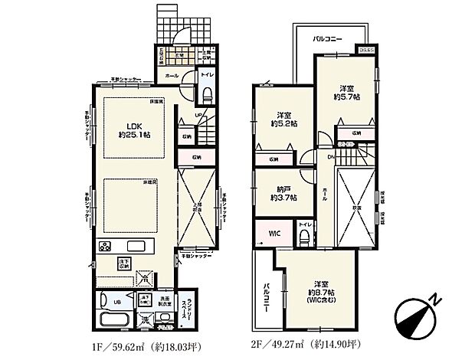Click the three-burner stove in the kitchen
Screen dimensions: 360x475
click(106, 247)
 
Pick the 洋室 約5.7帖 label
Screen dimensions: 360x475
click(346, 93)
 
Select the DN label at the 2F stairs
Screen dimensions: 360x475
click(331, 156)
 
